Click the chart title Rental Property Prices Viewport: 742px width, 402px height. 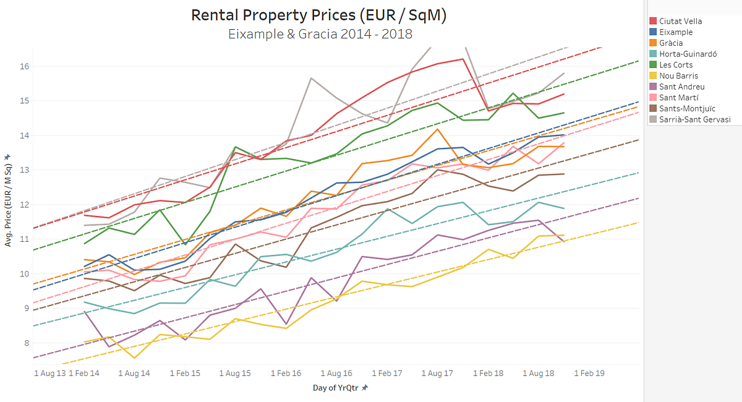point(318,15)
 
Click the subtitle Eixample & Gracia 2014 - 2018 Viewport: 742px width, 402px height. point(318,33)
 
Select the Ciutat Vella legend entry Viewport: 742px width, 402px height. point(680,21)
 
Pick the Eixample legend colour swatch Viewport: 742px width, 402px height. point(653,32)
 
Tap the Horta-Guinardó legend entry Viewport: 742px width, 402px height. point(688,54)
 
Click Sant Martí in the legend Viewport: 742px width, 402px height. point(679,98)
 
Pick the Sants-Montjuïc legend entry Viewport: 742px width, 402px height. point(686,108)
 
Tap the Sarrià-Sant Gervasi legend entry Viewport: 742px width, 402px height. point(694,119)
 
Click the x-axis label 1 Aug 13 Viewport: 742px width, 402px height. point(49,374)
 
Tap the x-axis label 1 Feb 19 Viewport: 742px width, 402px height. point(588,374)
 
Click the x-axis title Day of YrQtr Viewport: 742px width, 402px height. point(336,388)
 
